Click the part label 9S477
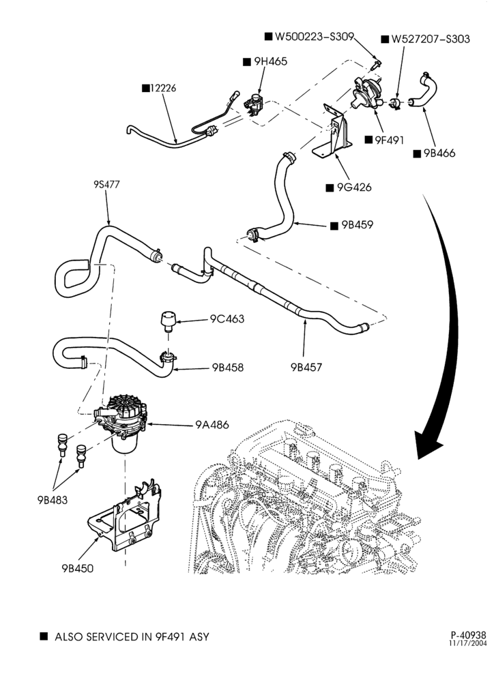point(106,184)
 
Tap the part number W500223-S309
point(314,37)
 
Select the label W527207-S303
point(431,39)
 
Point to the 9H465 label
point(271,62)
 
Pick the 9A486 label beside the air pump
point(212,424)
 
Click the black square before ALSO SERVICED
point(44,636)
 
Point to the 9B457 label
point(306,368)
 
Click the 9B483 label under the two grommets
point(53,500)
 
